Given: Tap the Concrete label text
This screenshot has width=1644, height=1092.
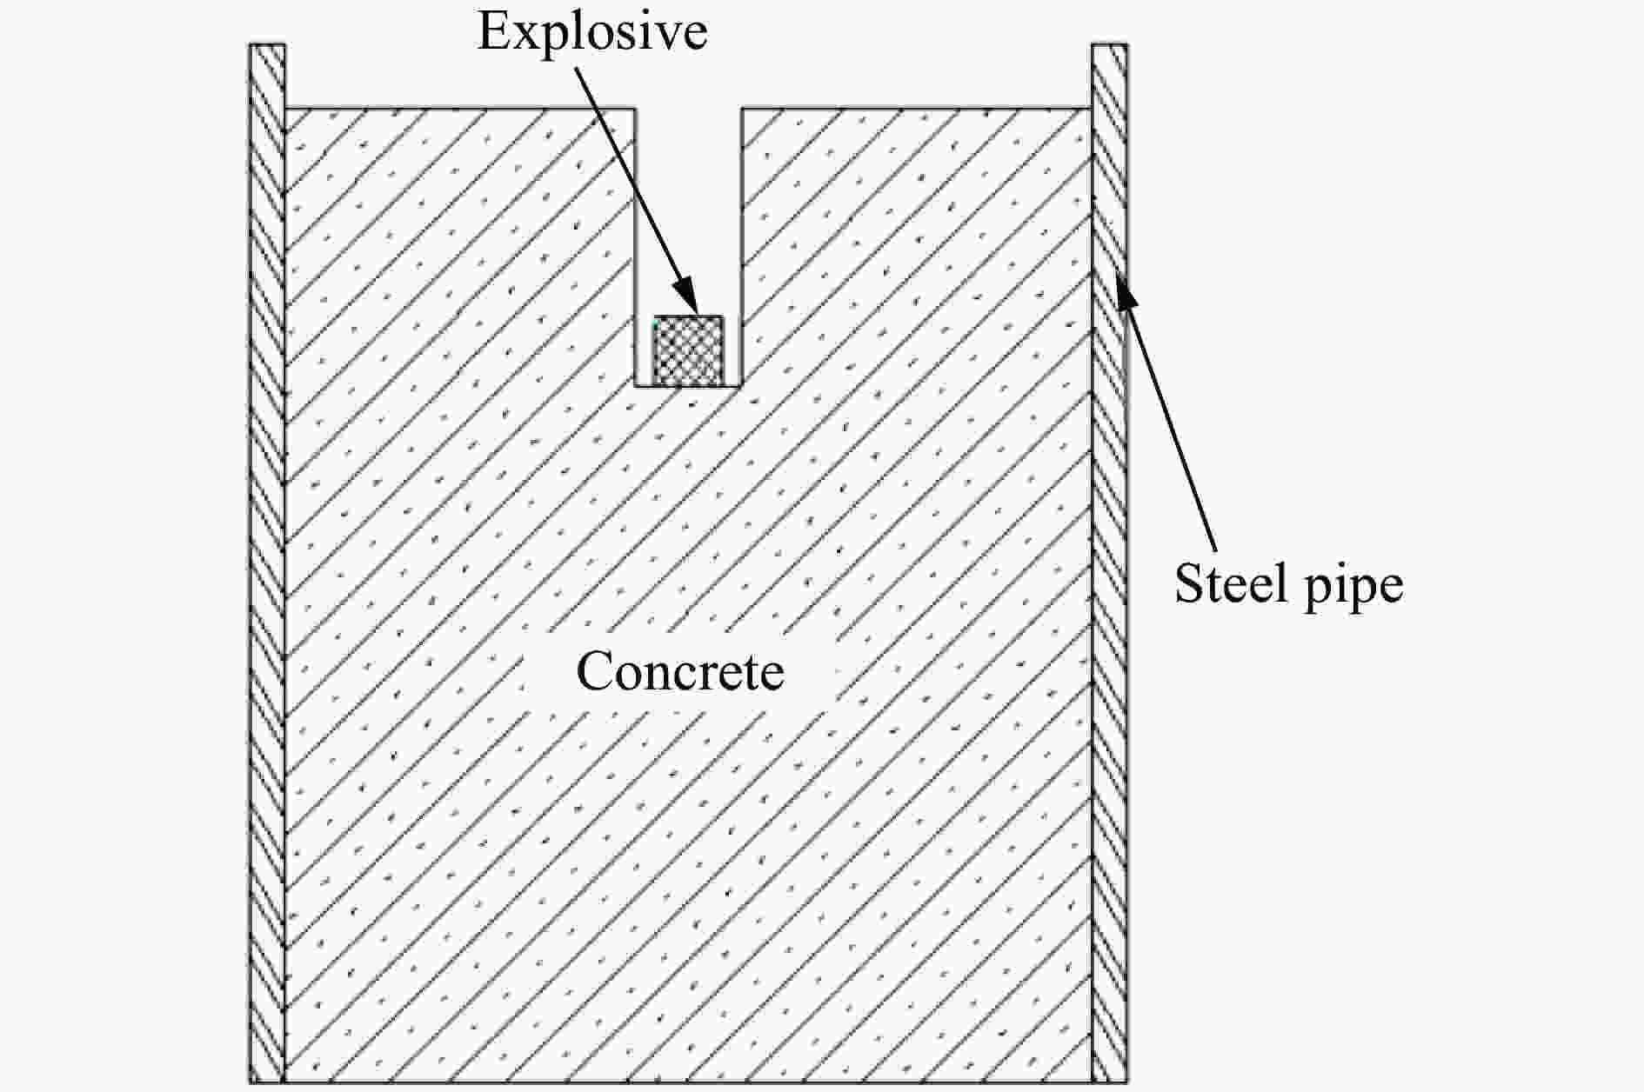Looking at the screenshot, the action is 680,672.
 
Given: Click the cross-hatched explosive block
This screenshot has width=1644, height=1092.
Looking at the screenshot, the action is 688,350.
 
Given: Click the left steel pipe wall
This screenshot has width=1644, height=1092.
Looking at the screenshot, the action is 267,563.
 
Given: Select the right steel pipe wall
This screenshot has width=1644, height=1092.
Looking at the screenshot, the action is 1109,563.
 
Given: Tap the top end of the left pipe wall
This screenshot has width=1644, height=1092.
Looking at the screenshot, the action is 267,44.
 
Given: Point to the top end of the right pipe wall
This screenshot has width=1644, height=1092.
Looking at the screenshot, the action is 1110,44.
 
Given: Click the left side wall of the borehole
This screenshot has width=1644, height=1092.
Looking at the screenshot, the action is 636,247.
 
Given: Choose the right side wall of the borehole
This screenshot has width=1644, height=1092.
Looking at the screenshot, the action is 741,247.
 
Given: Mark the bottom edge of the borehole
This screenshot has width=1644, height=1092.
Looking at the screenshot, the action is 688,386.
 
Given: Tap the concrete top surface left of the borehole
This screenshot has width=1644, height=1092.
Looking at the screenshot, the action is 460,109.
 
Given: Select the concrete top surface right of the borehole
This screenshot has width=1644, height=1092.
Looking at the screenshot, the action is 917,109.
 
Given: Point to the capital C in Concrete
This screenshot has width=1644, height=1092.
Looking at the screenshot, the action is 594,672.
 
